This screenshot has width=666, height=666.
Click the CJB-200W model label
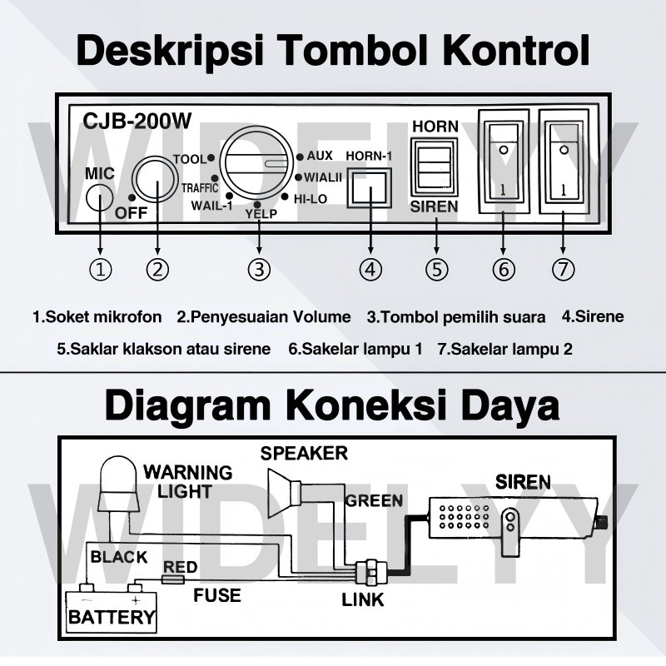[137, 121]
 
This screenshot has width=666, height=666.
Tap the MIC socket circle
[99, 199]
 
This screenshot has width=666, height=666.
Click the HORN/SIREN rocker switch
[435, 165]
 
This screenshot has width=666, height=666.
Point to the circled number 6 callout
[504, 270]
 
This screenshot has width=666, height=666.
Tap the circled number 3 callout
[260, 270]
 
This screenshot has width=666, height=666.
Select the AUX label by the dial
[319, 156]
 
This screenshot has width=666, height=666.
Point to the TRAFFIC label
[200, 188]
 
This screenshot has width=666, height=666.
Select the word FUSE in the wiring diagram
[217, 594]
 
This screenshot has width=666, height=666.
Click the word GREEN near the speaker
[374, 500]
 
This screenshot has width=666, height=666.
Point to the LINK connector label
[362, 599]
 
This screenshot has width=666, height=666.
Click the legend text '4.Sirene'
[592, 316]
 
